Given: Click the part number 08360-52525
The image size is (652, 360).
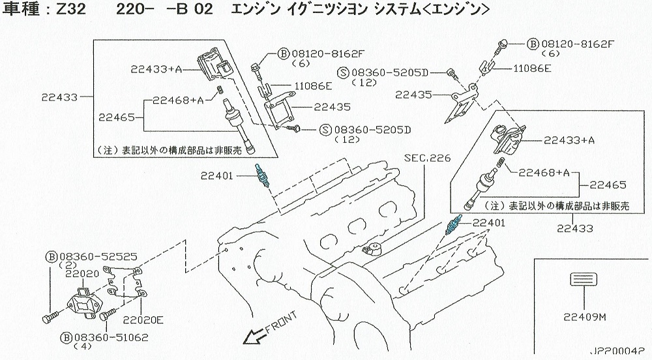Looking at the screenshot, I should [x=95, y=256].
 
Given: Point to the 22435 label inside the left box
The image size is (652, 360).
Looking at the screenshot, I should [x=314, y=107].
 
